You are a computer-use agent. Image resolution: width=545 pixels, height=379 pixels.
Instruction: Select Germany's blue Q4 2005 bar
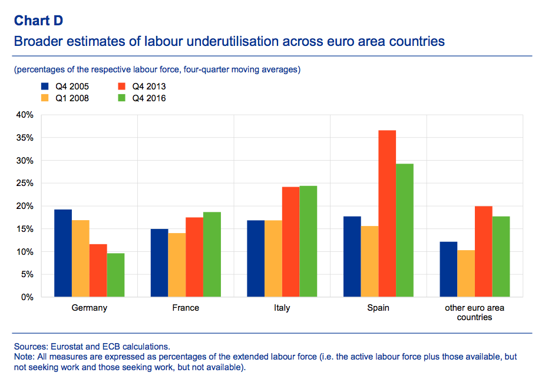(x=63, y=253)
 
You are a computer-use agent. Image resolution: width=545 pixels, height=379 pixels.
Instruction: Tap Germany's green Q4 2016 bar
(x=115, y=275)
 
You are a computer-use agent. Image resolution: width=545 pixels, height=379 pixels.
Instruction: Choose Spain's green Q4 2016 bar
(x=405, y=230)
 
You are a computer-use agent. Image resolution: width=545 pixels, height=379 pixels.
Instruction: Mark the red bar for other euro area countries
(x=483, y=251)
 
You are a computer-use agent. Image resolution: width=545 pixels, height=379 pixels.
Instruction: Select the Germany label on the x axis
(x=89, y=308)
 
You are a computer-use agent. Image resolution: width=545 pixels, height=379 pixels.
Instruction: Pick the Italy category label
(x=282, y=308)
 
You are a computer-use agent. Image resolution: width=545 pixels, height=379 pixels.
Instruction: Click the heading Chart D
(x=38, y=21)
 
